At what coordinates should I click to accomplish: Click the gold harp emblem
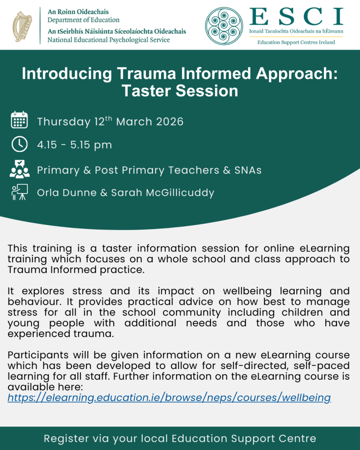[x=22, y=25]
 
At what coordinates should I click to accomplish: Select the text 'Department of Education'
[x=84, y=20]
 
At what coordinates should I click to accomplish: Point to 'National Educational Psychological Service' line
[x=109, y=40]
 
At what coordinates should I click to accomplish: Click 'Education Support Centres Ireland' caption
[x=296, y=42]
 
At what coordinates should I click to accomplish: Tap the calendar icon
[x=19, y=121]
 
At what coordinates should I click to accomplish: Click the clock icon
[x=19, y=144]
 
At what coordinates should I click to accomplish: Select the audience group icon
[x=19, y=169]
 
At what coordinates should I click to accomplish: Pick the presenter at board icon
[x=19, y=192]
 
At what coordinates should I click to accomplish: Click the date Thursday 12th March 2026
[x=110, y=121]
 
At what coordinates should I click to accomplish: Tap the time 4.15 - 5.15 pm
[x=74, y=145]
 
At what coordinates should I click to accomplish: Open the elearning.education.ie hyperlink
[x=169, y=397]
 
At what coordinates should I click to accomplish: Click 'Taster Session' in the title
[x=180, y=90]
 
